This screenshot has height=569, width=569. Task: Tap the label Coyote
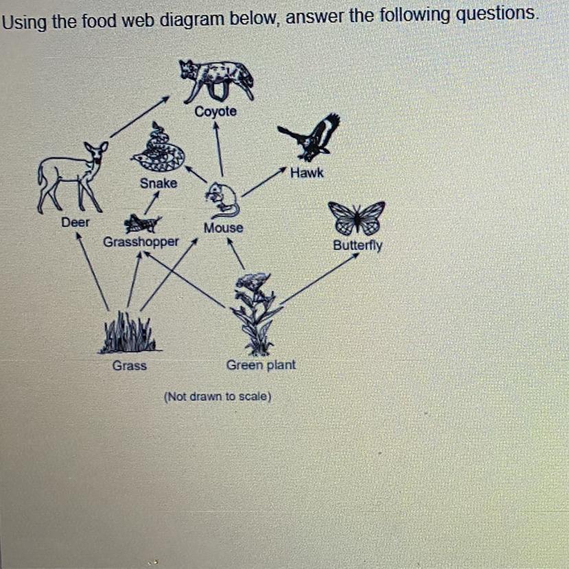click(216, 111)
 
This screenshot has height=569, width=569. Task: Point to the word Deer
click(75, 222)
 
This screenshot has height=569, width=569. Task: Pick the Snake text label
click(158, 183)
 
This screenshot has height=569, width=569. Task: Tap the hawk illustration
click(312, 137)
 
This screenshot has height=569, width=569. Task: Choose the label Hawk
click(306, 173)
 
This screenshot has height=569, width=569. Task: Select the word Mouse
click(223, 228)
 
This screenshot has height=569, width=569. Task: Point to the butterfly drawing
click(356, 217)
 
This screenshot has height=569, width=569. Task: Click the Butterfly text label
click(358, 245)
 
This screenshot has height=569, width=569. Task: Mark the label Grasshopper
click(141, 242)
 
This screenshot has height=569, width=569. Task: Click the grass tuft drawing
click(128, 332)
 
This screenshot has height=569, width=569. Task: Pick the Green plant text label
click(261, 365)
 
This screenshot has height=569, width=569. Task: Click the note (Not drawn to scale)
click(218, 396)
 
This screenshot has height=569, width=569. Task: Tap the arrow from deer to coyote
click(139, 117)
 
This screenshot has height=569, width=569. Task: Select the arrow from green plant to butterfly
click(320, 278)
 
